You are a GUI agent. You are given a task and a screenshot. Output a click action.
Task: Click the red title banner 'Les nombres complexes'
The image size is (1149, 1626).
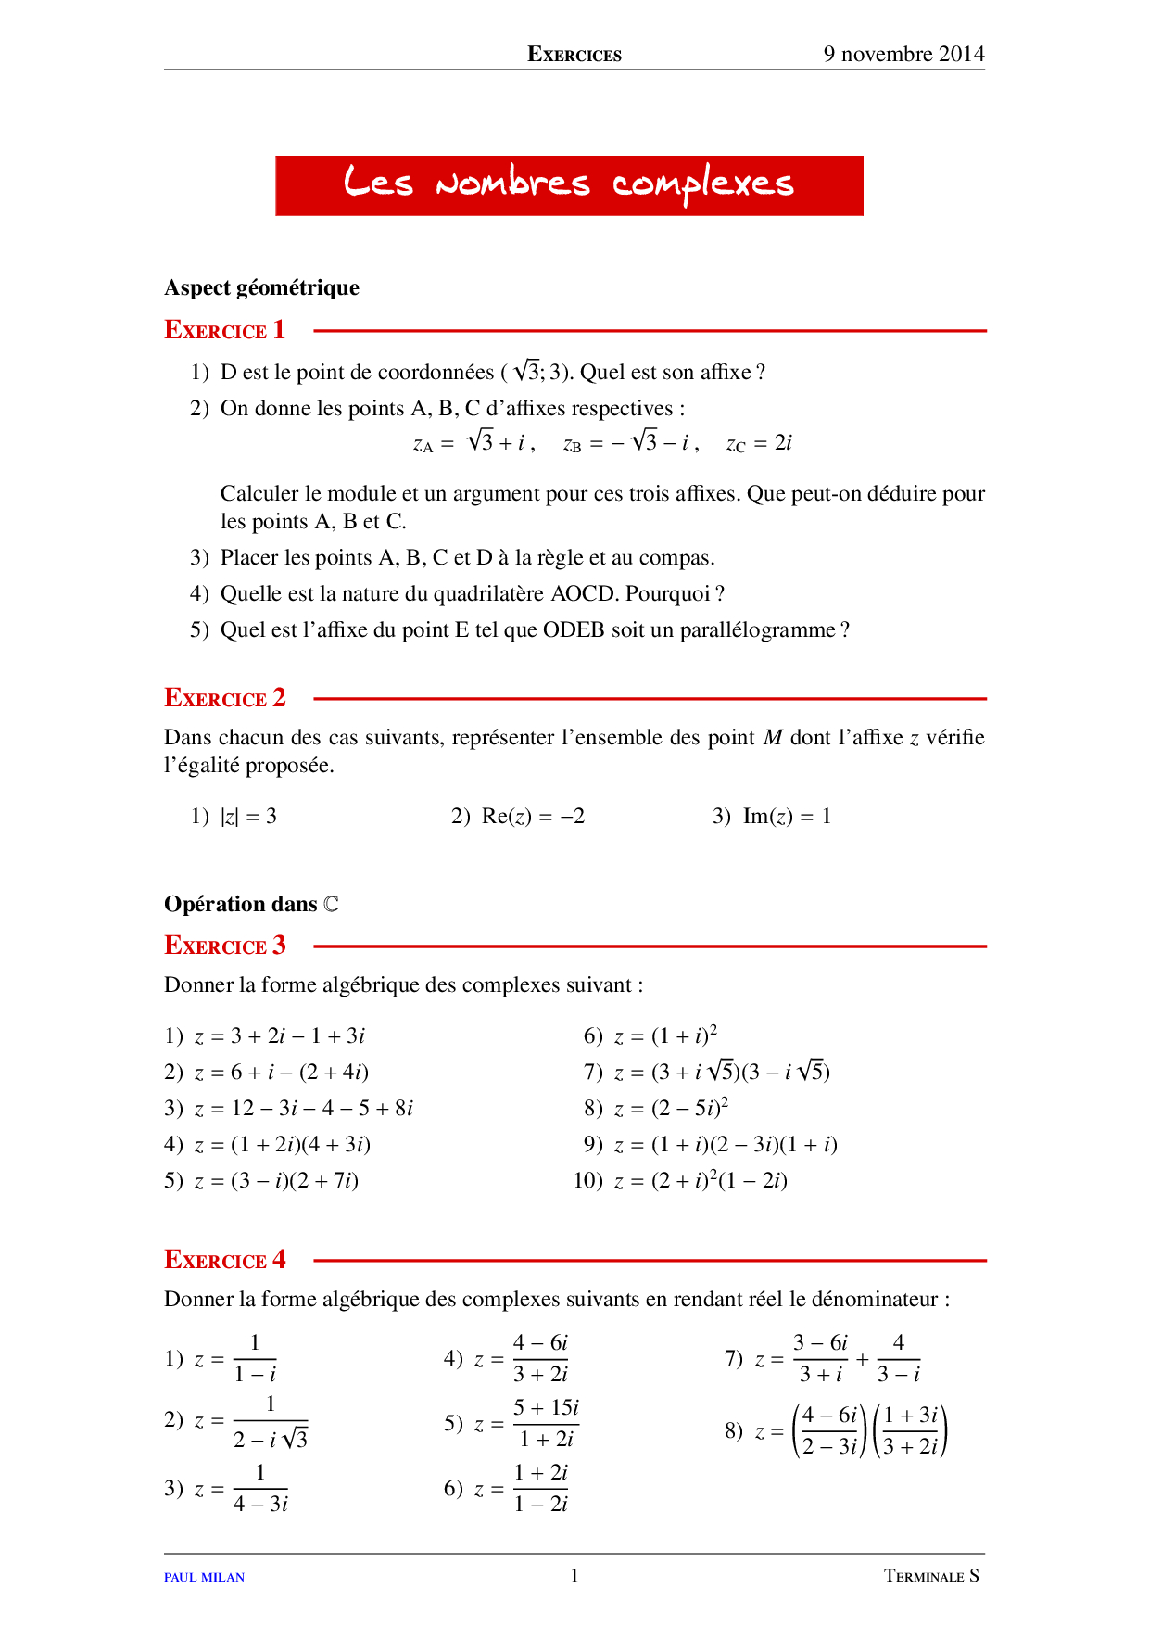click(569, 185)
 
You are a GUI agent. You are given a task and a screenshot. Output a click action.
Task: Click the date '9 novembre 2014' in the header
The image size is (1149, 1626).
click(903, 54)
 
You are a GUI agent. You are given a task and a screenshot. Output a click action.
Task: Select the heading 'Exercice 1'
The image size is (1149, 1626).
click(224, 330)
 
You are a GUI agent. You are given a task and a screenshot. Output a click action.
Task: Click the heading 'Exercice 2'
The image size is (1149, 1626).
click(224, 698)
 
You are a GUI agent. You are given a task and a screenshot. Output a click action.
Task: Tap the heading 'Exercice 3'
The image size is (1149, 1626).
click(224, 946)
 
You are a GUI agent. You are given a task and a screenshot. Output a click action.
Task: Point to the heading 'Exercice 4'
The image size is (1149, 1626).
click(224, 1260)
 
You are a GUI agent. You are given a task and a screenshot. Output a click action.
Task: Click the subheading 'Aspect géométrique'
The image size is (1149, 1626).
click(261, 287)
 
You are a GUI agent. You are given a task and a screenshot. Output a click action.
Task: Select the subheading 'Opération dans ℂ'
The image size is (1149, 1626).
click(251, 904)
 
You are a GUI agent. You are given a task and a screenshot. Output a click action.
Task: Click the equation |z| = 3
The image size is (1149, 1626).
click(248, 817)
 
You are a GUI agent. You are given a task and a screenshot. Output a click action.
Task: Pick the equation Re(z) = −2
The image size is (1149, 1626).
click(533, 817)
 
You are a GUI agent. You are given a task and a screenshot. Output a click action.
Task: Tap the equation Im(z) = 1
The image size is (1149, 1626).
click(787, 817)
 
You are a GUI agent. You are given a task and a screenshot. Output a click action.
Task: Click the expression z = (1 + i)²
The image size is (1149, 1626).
click(665, 1035)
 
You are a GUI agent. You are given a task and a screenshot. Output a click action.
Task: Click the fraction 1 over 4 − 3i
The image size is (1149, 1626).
click(260, 1489)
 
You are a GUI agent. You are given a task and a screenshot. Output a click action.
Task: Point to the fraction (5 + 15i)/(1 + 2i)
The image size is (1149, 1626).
click(546, 1423)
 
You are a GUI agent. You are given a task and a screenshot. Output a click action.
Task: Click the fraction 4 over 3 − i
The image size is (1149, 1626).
click(898, 1359)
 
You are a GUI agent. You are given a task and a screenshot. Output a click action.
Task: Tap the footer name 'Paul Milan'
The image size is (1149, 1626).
click(204, 1577)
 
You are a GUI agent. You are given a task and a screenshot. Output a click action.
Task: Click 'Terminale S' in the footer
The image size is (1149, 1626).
click(930, 1576)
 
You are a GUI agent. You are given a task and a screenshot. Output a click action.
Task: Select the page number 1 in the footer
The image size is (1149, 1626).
click(574, 1575)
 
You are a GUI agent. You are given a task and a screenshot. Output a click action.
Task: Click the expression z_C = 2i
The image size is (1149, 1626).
click(759, 444)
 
